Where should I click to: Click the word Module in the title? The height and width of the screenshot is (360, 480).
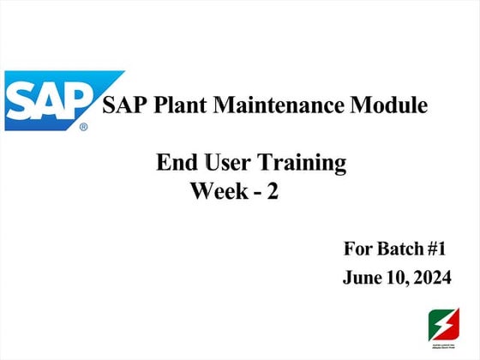click(x=391, y=106)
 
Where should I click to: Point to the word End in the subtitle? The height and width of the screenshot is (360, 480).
click(x=173, y=162)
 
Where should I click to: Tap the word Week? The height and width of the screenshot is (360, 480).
click(x=218, y=192)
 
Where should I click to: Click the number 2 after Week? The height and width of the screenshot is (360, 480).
click(x=272, y=192)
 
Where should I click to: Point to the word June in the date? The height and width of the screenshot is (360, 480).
click(x=361, y=278)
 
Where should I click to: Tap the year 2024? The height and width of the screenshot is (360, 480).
click(x=430, y=278)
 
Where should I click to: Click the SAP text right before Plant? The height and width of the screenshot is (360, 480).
click(x=122, y=106)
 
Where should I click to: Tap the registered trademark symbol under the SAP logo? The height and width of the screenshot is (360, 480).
click(x=83, y=127)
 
